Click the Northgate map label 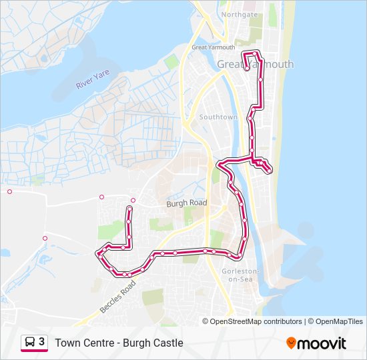pyautogui.click(x=240, y=13)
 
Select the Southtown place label pyautogui.click(x=218, y=117)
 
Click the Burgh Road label pyautogui.click(x=186, y=203)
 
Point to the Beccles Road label pyautogui.click(x=118, y=297)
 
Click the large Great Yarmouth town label pyautogui.click(x=255, y=64)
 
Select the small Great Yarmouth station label pyautogui.click(x=213, y=47)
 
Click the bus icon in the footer pyautogui.click(x=30, y=342)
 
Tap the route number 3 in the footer pyautogui.click(x=42, y=342)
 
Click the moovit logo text pyautogui.click(x=322, y=343)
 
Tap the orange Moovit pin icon pyautogui.click(x=291, y=343)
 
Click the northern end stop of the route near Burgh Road pyautogui.click(x=129, y=209)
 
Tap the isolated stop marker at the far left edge pyautogui.click(x=9, y=192)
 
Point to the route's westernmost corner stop pyautogui.click(x=99, y=253)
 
